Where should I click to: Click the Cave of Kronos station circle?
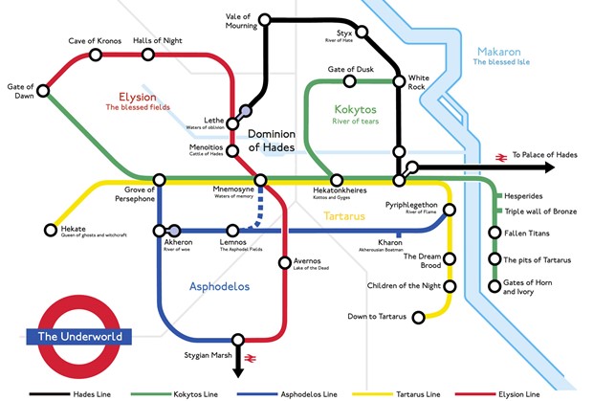click(x=96, y=55)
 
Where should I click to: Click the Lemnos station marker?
click(x=232, y=230)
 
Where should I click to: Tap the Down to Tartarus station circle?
click(x=416, y=317)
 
